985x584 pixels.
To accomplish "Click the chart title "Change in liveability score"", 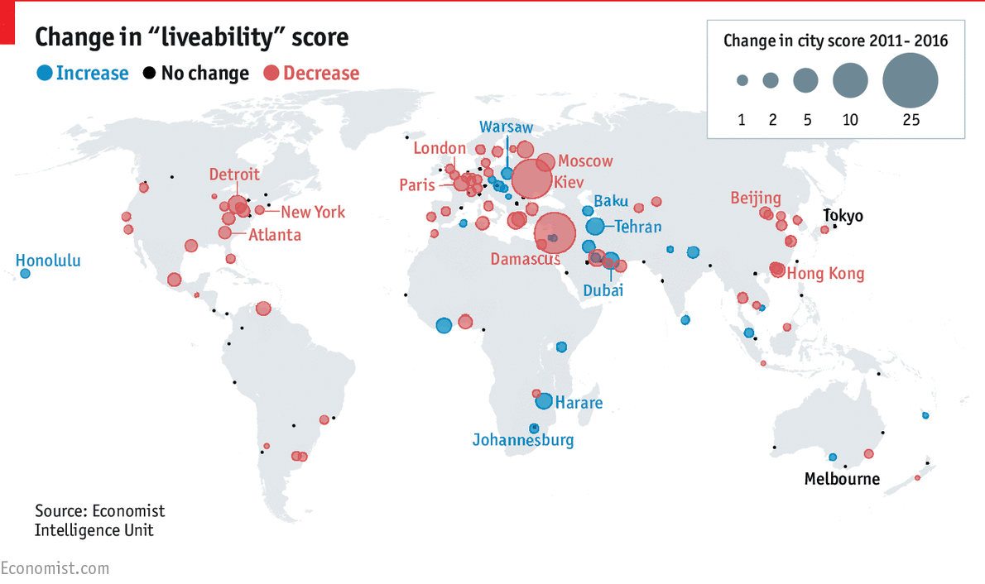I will [191, 37].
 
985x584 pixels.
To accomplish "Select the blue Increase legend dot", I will [45, 74].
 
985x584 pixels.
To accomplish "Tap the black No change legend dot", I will [149, 74].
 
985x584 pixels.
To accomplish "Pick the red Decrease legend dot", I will [271, 74].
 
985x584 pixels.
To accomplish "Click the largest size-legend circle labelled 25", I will [910, 80].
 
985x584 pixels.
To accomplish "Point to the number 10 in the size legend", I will [850, 120].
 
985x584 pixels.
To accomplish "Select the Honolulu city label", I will [48, 261].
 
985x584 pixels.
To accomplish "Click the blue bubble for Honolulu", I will [25, 274].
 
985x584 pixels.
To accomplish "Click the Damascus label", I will [526, 260].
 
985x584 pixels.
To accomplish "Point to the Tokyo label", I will [843, 216].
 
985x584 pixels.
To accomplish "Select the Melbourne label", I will [842, 479].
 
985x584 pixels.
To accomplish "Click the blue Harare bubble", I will [544, 401].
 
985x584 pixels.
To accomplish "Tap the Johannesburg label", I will [522, 440].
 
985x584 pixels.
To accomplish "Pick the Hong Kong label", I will [825, 274].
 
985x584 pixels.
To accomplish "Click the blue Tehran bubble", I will [594, 226].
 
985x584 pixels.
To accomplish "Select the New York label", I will [312, 213].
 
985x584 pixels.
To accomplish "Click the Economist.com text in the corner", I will [55, 568].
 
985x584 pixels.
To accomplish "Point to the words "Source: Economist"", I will [99, 511].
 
